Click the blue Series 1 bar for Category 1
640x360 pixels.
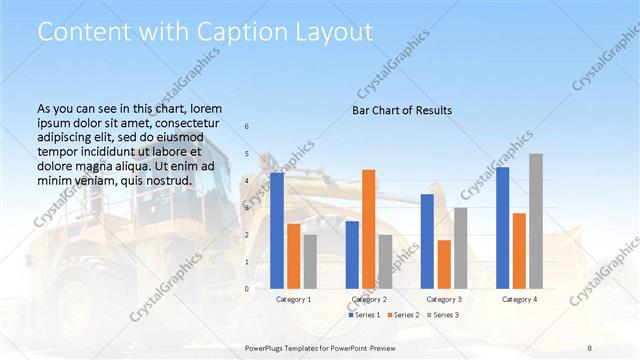pyautogui.click(x=277, y=230)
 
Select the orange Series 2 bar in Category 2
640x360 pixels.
pyautogui.click(x=369, y=229)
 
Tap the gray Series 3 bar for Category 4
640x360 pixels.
pyautogui.click(x=536, y=221)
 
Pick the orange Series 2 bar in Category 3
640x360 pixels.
pyautogui.click(x=444, y=264)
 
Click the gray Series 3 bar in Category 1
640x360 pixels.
pyautogui.click(x=310, y=261)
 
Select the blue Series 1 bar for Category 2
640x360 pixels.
pyautogui.click(x=352, y=254)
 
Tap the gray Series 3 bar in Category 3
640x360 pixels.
pyautogui.click(x=461, y=248)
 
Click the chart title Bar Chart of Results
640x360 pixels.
pyautogui.click(x=402, y=110)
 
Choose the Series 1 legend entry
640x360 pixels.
pyautogui.click(x=364, y=315)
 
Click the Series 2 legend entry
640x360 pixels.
pyautogui.click(x=403, y=315)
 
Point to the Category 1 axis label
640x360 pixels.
pyautogui.click(x=294, y=299)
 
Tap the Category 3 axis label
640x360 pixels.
pyautogui.click(x=444, y=299)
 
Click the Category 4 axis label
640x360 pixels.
pyautogui.click(x=519, y=299)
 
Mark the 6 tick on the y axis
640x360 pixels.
pyautogui.click(x=247, y=127)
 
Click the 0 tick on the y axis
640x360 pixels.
pyautogui.click(x=247, y=289)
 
